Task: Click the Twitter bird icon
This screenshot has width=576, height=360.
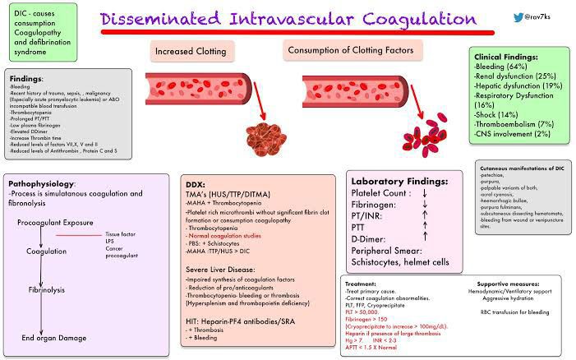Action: point(500,17)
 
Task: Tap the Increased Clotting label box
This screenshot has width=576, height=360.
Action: point(191,52)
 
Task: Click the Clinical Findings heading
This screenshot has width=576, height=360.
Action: point(506,57)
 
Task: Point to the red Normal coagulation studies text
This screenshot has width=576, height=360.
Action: point(225,235)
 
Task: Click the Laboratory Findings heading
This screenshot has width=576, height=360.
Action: point(399,181)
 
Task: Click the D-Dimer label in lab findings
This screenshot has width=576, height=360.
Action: point(371,238)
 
